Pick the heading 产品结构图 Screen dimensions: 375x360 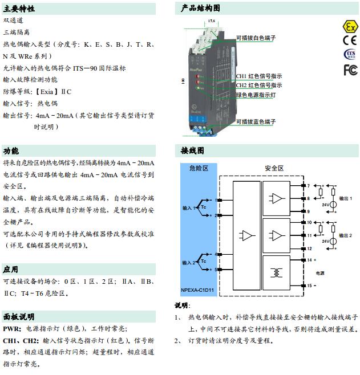pos(200,8)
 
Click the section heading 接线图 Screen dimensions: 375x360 pos(192,151)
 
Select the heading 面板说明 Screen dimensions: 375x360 pos(19,317)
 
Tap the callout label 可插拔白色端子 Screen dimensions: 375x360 pos(256,37)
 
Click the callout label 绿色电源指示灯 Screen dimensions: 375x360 pos(256,95)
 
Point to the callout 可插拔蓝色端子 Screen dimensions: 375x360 pos(256,122)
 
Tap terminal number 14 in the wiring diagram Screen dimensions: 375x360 pos(309,260)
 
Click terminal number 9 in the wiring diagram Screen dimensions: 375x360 pos(309,211)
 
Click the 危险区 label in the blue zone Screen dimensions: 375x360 pos(198,169)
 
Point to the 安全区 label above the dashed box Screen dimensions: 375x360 pos(274,169)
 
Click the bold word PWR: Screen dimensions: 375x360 pos(12,329)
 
